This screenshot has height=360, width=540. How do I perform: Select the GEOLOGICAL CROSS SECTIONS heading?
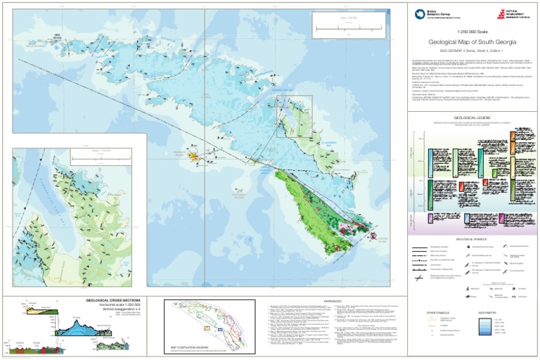[115, 300]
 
